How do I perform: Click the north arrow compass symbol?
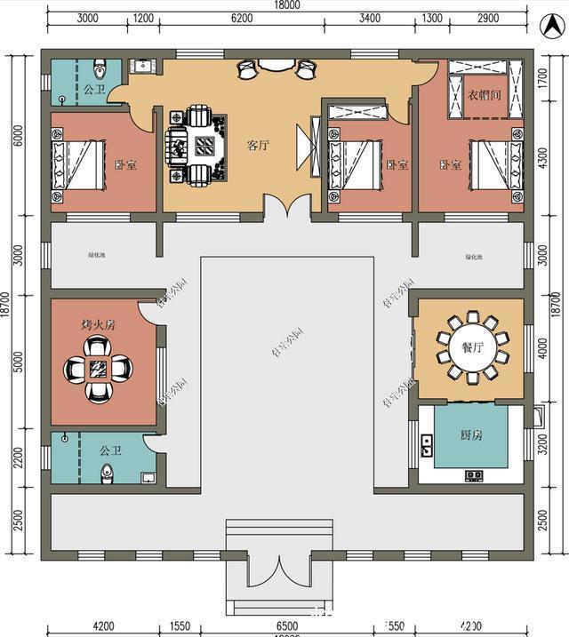549,27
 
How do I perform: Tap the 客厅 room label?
258,146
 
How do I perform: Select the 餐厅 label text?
471,347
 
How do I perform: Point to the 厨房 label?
471,435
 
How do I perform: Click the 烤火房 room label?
99,325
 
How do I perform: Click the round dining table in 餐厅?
471,347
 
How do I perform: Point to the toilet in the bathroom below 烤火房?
108,472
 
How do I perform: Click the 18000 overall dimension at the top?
287,6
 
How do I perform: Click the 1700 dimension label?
544,87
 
